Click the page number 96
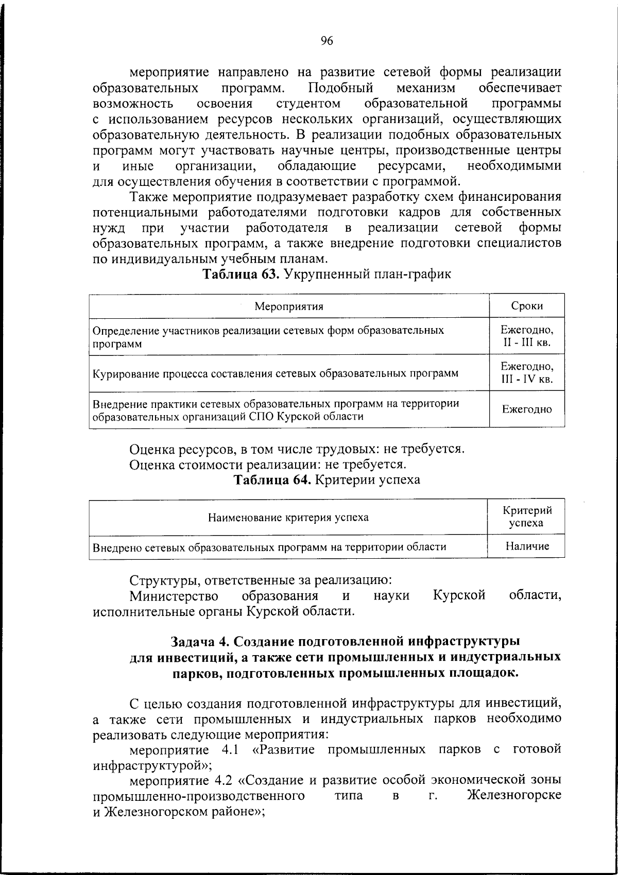327,42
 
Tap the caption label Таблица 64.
272,480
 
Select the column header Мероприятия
289,306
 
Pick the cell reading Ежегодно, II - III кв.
527,336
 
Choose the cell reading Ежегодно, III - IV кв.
527,372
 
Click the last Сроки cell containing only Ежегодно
527,409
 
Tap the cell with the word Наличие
527,546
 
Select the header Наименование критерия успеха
288,517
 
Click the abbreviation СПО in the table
263,416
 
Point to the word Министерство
173,596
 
